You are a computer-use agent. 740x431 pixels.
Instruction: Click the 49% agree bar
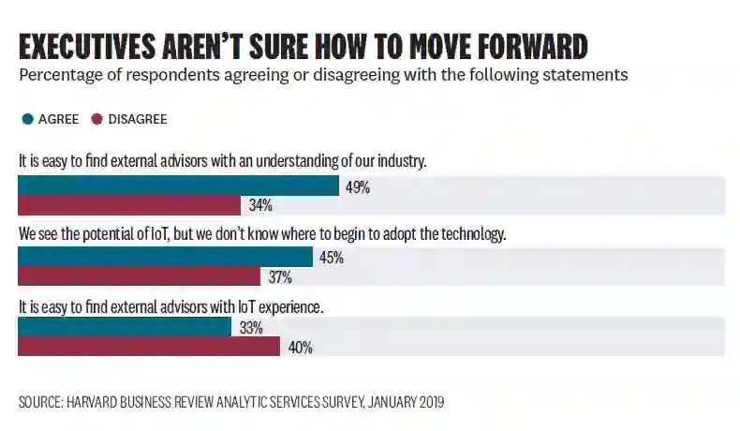[x=178, y=186]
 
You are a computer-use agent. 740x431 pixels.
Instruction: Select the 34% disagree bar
[x=129, y=205]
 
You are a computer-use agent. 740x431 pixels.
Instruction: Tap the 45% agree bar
[x=165, y=257]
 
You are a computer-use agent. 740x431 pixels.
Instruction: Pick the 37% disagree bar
[x=139, y=276]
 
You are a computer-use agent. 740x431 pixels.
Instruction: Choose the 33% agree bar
[x=124, y=327]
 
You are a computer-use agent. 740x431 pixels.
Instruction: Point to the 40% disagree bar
[x=149, y=347]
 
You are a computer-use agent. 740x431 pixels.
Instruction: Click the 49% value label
[x=358, y=187]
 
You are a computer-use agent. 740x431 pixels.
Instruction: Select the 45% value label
[x=332, y=258]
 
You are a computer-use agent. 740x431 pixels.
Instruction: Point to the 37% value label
[x=280, y=277]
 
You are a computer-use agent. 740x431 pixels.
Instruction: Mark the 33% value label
[x=250, y=328]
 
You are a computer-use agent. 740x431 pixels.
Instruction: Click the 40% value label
[x=300, y=348]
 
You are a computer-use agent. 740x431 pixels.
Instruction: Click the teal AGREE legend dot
[x=26, y=119]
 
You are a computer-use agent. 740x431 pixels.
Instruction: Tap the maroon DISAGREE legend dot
[x=96, y=119]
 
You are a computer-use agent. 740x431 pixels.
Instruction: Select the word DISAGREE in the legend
[x=138, y=119]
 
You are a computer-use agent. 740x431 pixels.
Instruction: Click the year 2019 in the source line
[x=428, y=402]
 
